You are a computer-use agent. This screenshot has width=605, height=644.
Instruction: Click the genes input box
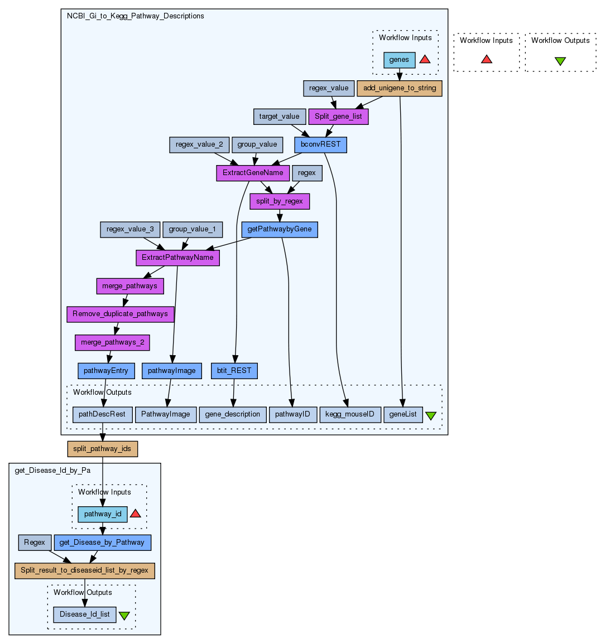[x=399, y=60]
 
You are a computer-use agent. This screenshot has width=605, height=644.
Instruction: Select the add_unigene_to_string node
[x=400, y=88]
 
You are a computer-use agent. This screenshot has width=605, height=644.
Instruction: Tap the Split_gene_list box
[x=338, y=117]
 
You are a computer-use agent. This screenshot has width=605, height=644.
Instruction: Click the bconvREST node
[x=320, y=144]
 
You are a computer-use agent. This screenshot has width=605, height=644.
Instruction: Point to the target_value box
[x=280, y=117]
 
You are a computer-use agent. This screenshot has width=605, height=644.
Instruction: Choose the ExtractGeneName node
[x=253, y=173]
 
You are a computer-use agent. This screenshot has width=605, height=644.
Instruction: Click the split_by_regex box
[x=280, y=201]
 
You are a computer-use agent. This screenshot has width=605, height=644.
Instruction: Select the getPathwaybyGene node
[x=280, y=229]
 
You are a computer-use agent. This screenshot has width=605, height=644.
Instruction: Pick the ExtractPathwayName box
[x=177, y=258]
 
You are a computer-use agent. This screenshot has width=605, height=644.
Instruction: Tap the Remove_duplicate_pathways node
[x=120, y=314]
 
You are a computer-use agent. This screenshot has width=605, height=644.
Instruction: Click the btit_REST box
[x=234, y=370]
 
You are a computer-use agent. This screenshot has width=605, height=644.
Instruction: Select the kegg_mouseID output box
[x=350, y=414]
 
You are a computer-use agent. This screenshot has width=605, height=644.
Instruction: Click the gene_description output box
[x=232, y=414]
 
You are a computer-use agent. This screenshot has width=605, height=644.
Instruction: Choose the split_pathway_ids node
[x=102, y=449]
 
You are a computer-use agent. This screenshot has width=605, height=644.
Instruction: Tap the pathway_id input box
[x=103, y=514]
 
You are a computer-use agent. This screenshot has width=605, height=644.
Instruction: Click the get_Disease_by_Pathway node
[x=102, y=543]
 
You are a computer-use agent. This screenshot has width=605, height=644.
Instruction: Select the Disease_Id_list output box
[x=85, y=614]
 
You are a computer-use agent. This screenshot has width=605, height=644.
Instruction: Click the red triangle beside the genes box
[x=425, y=59]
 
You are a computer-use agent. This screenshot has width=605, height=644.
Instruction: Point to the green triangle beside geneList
[x=431, y=415]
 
